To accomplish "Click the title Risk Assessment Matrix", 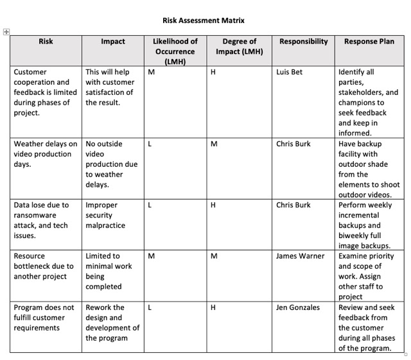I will coord(204,21).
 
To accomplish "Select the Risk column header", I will coord(46,42).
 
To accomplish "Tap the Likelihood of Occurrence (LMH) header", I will coord(175,51).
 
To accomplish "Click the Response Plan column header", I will coord(369,42).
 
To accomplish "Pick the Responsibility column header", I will coord(303,42).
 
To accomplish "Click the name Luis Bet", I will coord(289,72).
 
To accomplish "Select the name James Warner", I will coord(301,256).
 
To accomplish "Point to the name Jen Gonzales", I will coord(298,307).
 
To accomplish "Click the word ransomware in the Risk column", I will coord(35,215).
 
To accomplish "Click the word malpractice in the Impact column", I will coord(105,225).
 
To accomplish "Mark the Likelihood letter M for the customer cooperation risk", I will coord(151,72).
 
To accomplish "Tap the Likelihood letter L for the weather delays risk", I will coord(150,144).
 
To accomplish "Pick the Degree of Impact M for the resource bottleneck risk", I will coord(214,256).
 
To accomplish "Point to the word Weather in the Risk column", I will coord(30,144).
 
